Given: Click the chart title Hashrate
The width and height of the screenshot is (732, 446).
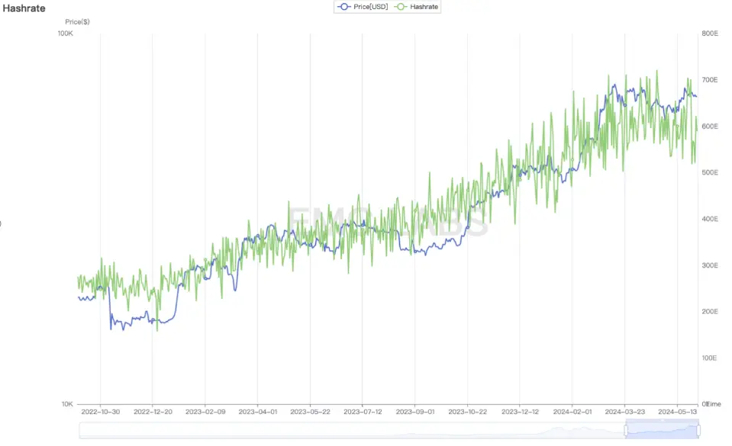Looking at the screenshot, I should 24,8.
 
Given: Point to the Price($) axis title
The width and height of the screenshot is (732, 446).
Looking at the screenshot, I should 77,22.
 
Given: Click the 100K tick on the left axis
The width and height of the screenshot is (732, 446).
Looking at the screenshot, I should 66,34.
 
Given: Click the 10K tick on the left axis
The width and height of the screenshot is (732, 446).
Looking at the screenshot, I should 66,404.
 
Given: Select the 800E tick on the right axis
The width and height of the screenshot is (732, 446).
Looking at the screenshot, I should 709,34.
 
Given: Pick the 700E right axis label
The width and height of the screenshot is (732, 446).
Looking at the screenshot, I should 709,80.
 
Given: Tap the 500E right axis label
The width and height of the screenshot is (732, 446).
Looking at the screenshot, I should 709,172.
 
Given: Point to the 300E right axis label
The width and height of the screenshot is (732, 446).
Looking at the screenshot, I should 709,265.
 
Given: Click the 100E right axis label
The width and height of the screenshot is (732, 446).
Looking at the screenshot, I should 709,358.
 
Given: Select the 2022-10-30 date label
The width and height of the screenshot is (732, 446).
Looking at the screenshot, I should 100,412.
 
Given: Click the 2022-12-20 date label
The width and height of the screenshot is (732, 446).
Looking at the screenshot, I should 153,412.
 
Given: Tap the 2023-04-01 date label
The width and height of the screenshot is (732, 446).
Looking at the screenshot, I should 257,412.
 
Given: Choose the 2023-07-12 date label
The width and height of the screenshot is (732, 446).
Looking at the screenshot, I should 363,412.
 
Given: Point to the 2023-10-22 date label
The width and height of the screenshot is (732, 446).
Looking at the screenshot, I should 467,412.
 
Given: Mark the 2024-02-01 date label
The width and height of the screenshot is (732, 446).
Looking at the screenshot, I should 572,412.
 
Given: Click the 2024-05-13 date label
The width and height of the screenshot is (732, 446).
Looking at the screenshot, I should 678,412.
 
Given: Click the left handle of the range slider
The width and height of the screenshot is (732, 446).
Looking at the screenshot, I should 626,431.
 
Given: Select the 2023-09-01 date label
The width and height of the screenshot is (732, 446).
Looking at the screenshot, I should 414,412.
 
